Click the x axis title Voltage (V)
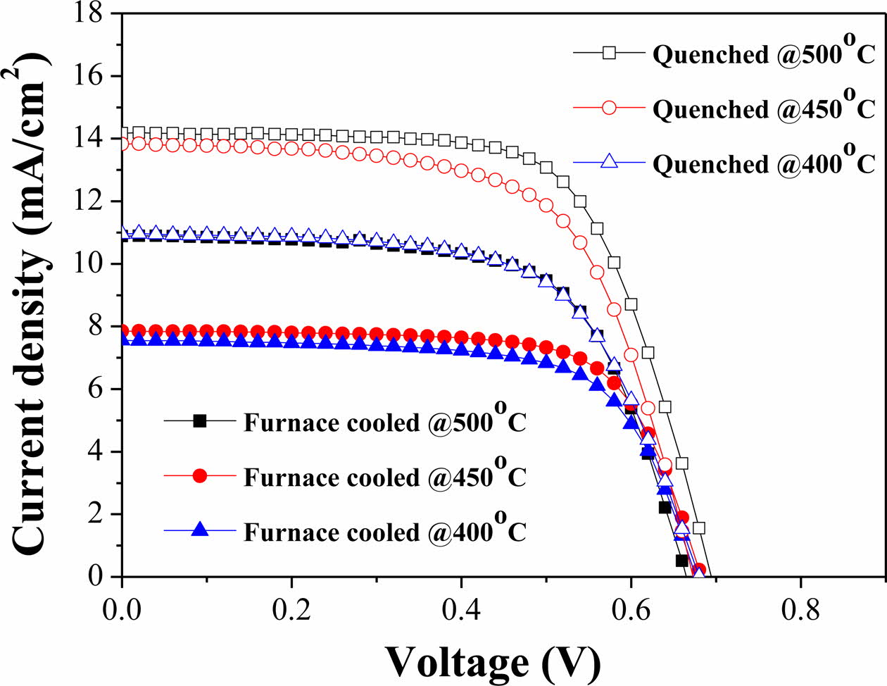(493, 661)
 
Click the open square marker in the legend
(609, 53)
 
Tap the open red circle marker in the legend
(609, 108)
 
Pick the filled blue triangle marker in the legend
(199, 530)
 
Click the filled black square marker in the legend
(199, 420)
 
